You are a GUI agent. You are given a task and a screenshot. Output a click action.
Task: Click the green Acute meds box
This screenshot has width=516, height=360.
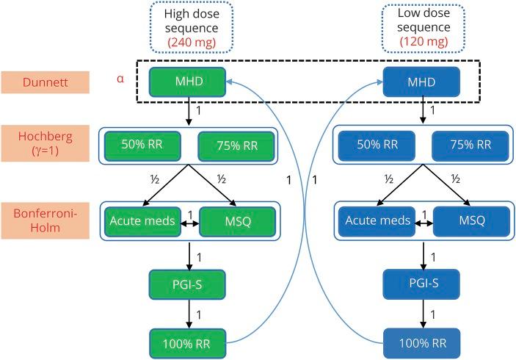click(142, 221)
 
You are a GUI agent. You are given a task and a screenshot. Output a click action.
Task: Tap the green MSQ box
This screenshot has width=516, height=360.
click(236, 221)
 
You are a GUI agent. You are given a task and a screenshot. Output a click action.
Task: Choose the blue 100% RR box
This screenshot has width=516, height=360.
click(423, 343)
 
